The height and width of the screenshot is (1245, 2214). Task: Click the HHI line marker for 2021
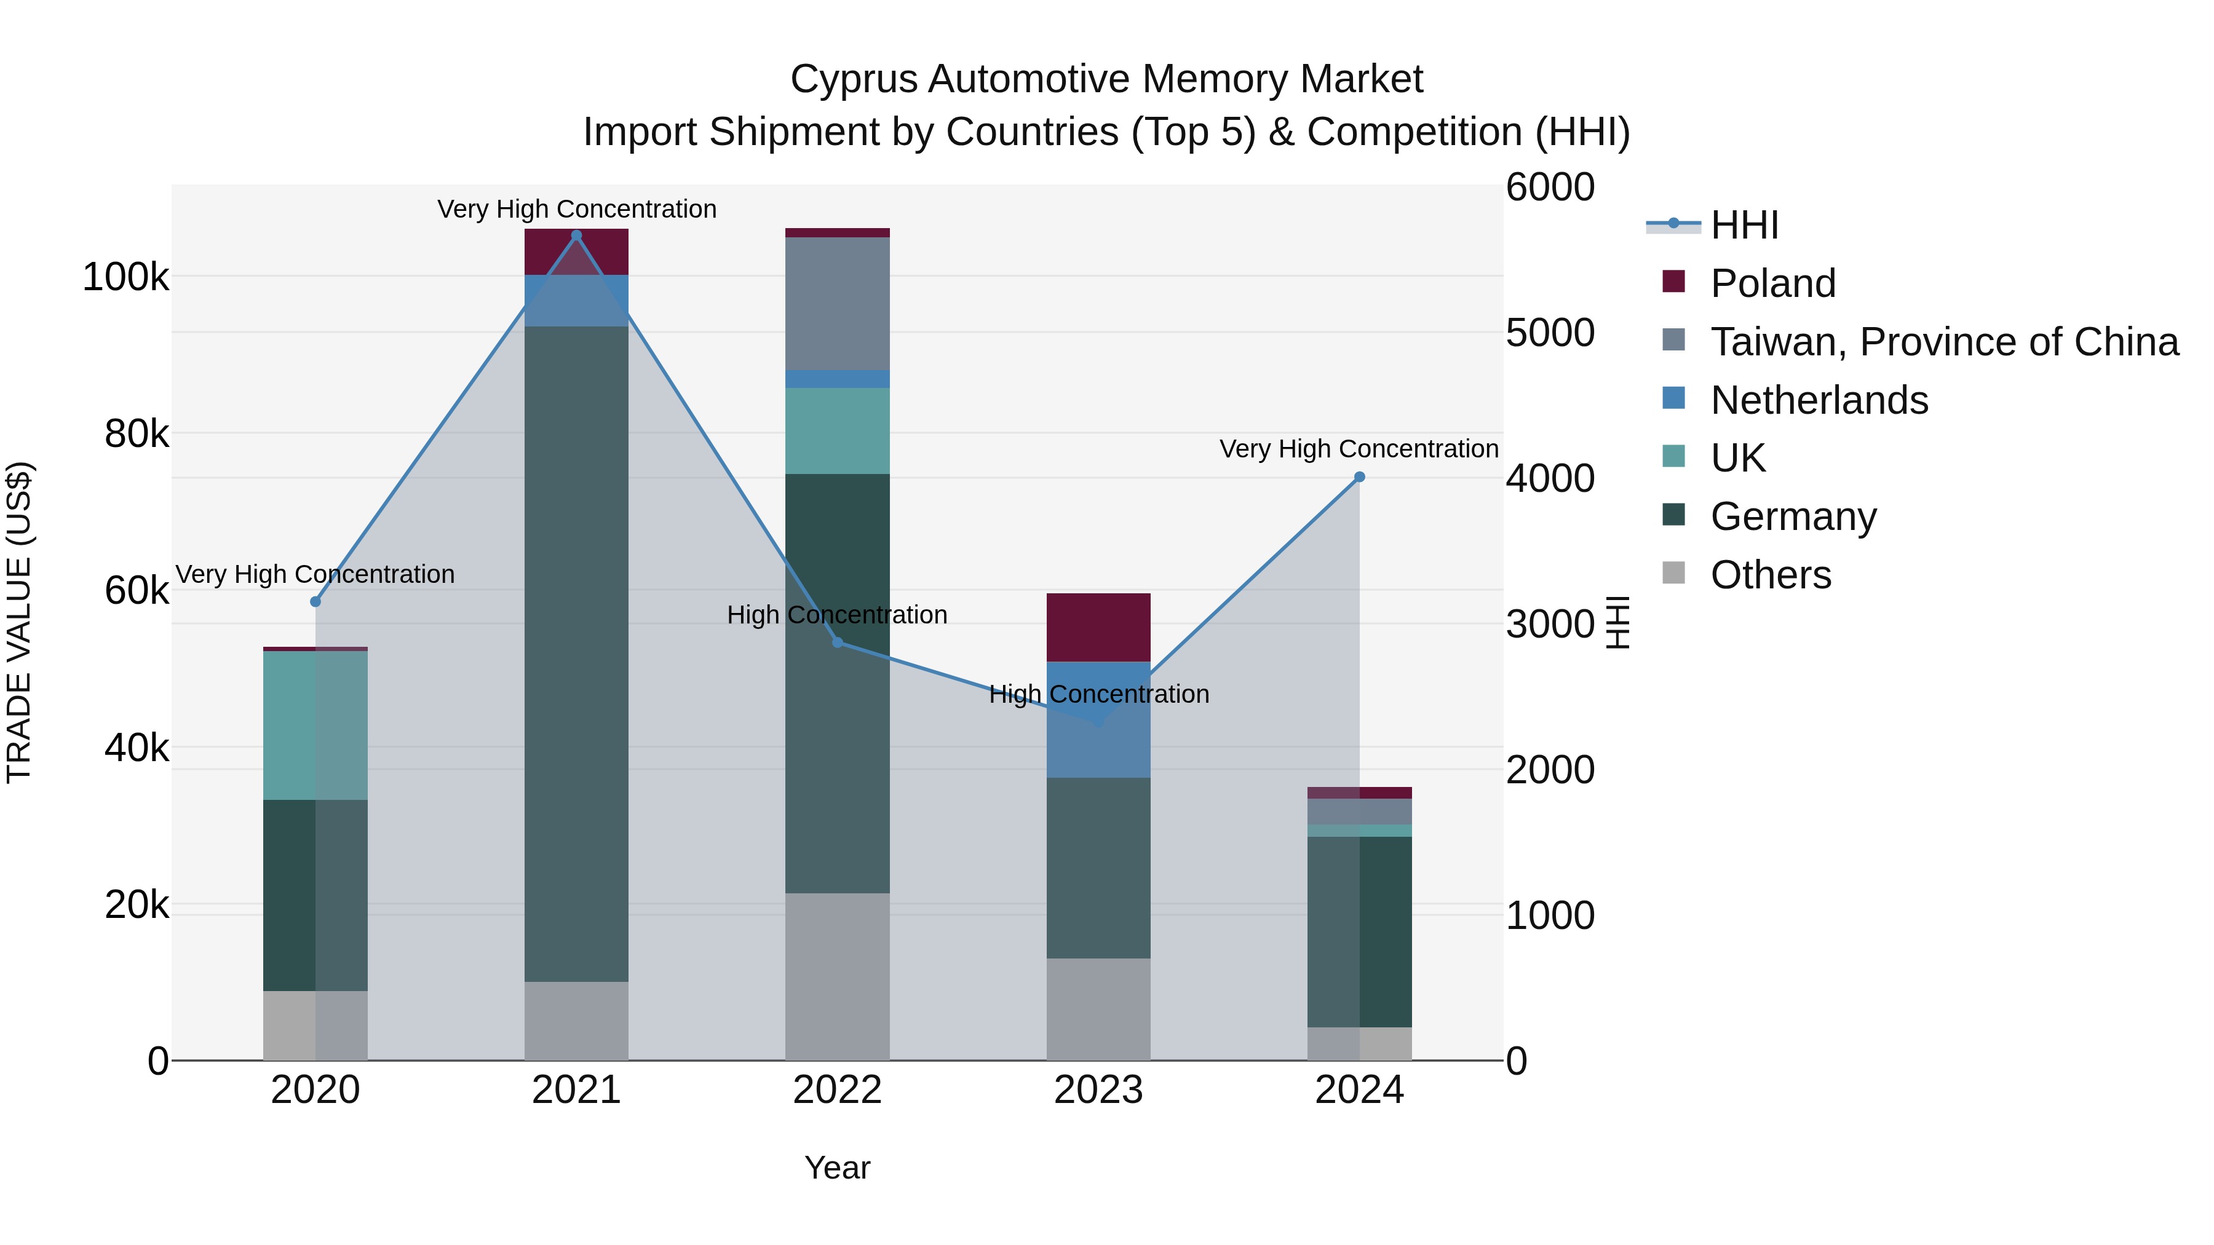click(576, 235)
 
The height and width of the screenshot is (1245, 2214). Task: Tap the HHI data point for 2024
click(1359, 477)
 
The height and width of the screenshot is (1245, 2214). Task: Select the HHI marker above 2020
click(315, 601)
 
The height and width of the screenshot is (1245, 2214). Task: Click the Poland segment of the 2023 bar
click(1098, 627)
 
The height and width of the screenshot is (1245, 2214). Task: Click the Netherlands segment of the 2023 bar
click(1098, 719)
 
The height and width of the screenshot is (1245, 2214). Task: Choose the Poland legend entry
click(1772, 283)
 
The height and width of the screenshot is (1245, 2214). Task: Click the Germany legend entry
click(1793, 516)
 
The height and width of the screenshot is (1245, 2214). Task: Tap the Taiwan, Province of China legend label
click(1944, 342)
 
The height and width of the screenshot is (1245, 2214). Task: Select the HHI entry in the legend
click(1744, 225)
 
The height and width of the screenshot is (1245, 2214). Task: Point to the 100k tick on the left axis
click(125, 277)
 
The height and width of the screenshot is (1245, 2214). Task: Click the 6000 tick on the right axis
click(1550, 188)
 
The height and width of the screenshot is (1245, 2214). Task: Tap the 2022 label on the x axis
click(837, 1090)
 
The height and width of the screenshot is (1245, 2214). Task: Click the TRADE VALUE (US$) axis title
click(19, 622)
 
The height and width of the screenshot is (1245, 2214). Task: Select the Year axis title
click(837, 1168)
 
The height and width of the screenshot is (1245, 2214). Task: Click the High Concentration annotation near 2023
click(1098, 694)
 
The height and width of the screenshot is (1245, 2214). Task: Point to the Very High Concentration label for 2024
click(1358, 449)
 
